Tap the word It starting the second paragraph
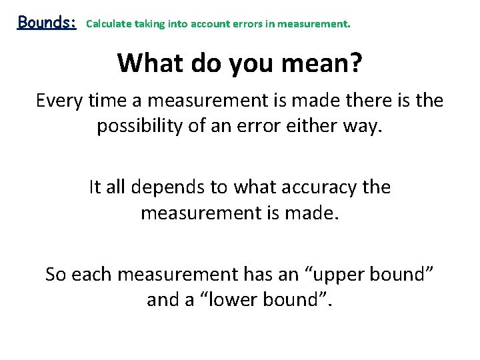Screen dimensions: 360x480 point(95,187)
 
